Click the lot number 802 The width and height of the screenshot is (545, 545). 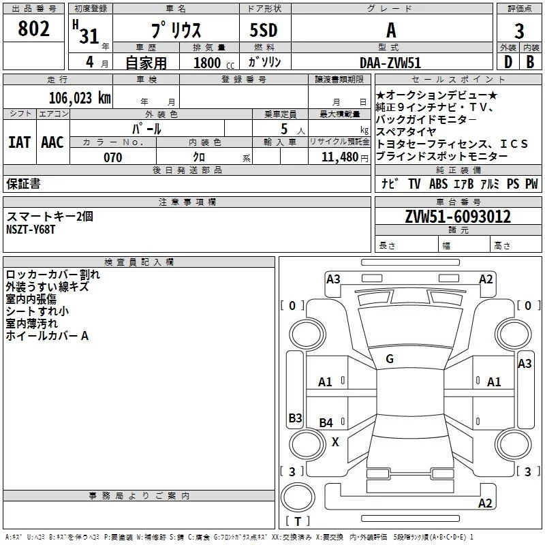[x=33, y=29]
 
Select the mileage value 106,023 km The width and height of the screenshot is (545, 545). [x=80, y=97]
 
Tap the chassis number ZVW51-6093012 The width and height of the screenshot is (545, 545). [x=458, y=217]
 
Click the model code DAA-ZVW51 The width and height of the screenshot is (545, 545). [x=390, y=63]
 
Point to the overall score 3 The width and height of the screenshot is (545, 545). [x=519, y=31]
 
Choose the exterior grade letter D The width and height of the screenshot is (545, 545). [x=508, y=62]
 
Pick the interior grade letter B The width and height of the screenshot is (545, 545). [x=531, y=62]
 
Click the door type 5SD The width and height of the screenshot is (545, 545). [x=264, y=30]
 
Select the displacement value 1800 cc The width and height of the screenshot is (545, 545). [x=214, y=63]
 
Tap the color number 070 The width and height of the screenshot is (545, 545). [x=113, y=157]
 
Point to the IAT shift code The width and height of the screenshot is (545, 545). [x=20, y=142]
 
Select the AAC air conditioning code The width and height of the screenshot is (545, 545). [x=52, y=142]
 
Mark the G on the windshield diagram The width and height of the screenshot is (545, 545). [x=390, y=359]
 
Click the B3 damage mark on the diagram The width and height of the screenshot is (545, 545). [x=296, y=418]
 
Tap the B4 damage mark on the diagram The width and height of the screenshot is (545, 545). [x=326, y=422]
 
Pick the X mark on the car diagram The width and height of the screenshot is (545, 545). [x=335, y=442]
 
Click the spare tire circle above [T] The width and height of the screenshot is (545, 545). [x=298, y=497]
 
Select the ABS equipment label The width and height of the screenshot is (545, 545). [x=438, y=183]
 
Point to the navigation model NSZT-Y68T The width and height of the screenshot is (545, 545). [x=31, y=230]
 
